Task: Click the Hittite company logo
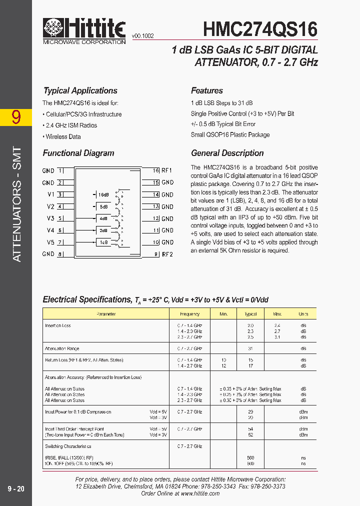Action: coord(84,29)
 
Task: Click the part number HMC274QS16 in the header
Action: coord(260,29)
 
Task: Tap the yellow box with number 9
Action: coord(16,117)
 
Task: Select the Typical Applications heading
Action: coord(80,90)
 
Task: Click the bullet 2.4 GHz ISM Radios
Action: coord(70,125)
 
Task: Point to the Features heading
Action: coord(207,90)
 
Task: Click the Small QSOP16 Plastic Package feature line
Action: coord(230,134)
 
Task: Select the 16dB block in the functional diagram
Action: coord(103,194)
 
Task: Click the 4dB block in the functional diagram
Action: coord(103,218)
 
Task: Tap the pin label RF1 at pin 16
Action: coord(167,170)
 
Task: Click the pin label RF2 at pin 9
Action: coord(167,254)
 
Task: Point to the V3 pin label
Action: coord(50,218)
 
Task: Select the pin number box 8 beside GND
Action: coord(60,254)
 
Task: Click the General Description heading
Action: coord(227,153)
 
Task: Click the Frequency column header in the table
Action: coord(189,314)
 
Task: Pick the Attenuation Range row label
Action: coord(62,348)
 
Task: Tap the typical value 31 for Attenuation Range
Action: coord(250,348)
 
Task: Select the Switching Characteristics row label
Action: coord(68,446)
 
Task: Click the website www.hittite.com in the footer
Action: coord(200,493)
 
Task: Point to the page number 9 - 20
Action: coord(16,488)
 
